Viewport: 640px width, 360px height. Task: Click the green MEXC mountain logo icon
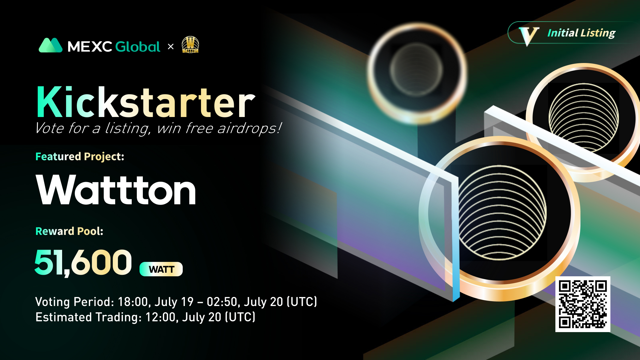point(50,45)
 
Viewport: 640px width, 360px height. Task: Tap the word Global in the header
point(138,47)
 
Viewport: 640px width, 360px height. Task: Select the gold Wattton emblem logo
point(190,45)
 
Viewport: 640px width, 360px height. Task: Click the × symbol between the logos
point(171,46)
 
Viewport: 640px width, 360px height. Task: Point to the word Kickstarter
point(146,102)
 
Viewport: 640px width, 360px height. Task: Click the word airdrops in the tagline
point(249,128)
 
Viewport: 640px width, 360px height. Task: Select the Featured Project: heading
point(80,157)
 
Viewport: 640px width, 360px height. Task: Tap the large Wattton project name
point(116,190)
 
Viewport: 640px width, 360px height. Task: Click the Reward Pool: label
point(69,231)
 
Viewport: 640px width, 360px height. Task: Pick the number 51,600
point(83,262)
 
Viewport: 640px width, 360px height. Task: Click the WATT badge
point(161,269)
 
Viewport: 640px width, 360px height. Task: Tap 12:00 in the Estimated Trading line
point(161,317)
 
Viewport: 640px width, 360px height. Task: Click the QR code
point(583,304)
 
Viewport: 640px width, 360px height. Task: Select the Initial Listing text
point(581,33)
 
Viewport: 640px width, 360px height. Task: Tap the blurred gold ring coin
point(417,72)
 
